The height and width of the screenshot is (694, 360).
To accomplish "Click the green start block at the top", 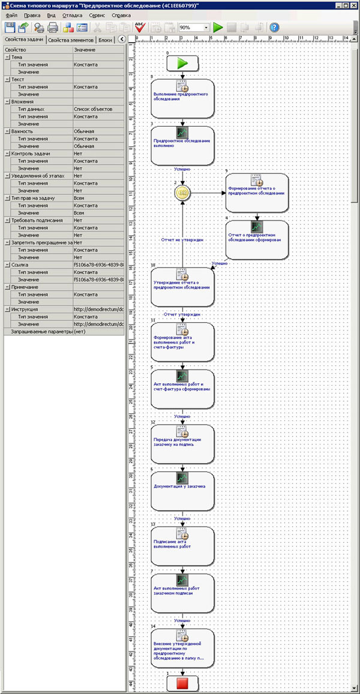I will coord(182,64).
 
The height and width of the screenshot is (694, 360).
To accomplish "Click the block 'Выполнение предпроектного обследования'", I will coord(182,98).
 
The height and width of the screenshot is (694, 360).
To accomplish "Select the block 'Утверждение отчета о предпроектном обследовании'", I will coord(182,287).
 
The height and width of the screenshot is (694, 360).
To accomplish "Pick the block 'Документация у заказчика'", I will coord(182,491).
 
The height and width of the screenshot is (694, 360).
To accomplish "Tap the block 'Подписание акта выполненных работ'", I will coord(182,545).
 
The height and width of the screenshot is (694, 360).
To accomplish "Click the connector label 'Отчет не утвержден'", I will coord(182,240).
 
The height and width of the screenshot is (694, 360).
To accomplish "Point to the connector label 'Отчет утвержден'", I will coord(182,314).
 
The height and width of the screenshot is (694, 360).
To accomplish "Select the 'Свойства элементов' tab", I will coord(71,40).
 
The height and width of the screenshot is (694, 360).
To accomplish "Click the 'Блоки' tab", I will coord(106,40).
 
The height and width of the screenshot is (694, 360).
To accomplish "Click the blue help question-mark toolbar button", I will coord(275,27).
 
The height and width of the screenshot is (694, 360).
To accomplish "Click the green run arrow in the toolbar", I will coord(218,27).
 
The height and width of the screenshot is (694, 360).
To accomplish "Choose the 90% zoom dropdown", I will coord(193,28).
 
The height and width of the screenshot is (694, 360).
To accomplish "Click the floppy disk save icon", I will coord(10,27).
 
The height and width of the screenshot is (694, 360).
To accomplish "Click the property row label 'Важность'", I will coord(23,131).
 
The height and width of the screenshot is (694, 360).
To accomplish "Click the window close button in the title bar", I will coord(354,5).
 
